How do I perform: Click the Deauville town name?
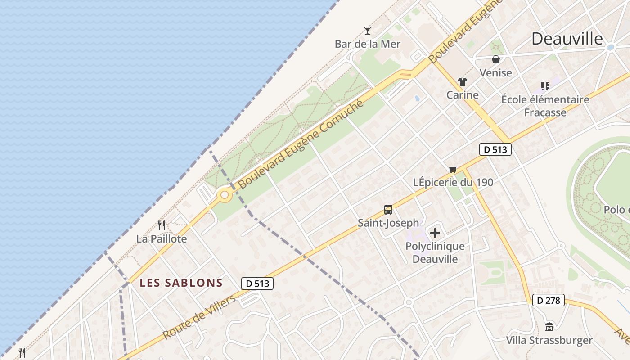567,39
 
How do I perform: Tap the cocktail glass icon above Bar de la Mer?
368,31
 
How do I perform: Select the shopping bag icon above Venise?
495,59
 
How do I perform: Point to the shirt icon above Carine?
462,82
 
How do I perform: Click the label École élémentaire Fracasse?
545,106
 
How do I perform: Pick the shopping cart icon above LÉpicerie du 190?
453,169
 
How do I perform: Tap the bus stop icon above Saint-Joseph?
388,209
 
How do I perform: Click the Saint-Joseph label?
388,223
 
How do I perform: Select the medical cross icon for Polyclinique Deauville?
435,233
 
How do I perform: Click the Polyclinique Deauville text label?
435,252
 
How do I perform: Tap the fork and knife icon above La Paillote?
162,225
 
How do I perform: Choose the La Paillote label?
162,239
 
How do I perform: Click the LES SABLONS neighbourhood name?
181,283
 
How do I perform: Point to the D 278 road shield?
548,300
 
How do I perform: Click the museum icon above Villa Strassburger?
549,327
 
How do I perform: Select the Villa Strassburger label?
549,340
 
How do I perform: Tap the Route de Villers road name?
198,318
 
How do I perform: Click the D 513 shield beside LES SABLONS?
257,283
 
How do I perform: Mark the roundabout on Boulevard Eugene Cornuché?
224,195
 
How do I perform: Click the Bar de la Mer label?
367,44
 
